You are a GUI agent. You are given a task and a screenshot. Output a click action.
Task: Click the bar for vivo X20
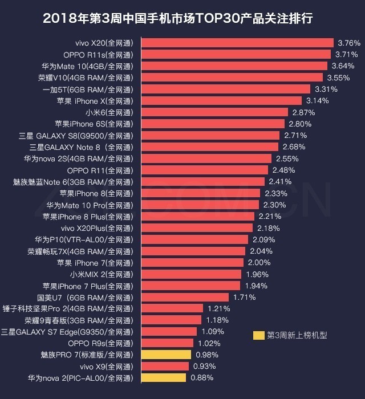click(x=237, y=43)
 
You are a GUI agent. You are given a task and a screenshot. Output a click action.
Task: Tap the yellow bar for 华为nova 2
click(x=164, y=378)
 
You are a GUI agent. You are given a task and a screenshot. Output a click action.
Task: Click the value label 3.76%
click(x=349, y=43)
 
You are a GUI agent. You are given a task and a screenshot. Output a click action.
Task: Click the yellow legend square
click(x=259, y=335)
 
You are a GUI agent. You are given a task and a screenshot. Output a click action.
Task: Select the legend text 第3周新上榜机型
click(x=297, y=335)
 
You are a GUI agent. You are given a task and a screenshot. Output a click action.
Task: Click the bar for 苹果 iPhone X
click(x=222, y=101)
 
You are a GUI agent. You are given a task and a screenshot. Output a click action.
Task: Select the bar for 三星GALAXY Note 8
click(x=210, y=147)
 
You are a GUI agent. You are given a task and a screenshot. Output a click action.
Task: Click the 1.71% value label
click(x=244, y=297)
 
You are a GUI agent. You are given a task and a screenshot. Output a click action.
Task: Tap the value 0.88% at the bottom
click(x=202, y=378)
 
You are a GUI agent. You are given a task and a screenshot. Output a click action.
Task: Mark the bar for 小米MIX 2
click(x=192, y=274)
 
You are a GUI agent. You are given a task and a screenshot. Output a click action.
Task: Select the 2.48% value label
click(x=283, y=170)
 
